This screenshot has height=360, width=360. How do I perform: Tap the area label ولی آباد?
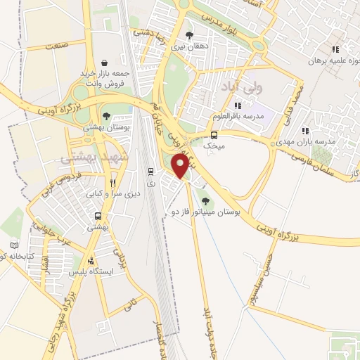[x=241, y=89]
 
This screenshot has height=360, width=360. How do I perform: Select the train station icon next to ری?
[x=150, y=172]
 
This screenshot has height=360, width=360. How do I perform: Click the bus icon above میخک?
[x=214, y=136]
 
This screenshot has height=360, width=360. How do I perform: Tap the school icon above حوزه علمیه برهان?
[x=335, y=49]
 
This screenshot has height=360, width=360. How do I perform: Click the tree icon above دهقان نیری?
[x=188, y=34]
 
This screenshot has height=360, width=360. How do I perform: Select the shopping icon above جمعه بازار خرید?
[x=105, y=62]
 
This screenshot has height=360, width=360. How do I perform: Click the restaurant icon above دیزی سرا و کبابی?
[x=112, y=182]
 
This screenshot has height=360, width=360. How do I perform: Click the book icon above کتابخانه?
[x=14, y=245]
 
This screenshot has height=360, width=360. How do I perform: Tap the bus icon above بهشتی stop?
[x=98, y=217]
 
